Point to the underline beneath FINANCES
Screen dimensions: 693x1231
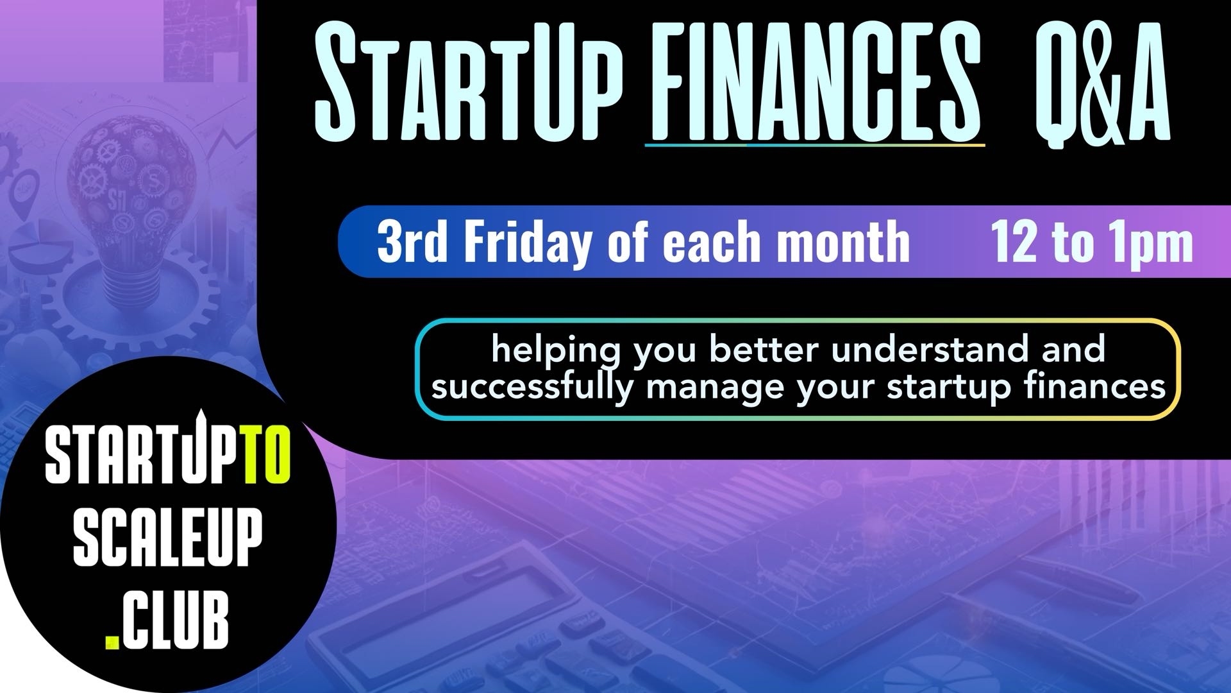click(x=814, y=146)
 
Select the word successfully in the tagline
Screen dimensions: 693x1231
click(x=532, y=388)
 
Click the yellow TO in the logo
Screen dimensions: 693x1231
click(x=269, y=457)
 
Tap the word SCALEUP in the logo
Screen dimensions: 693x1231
click(x=168, y=540)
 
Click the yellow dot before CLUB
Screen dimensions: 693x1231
click(x=112, y=641)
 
